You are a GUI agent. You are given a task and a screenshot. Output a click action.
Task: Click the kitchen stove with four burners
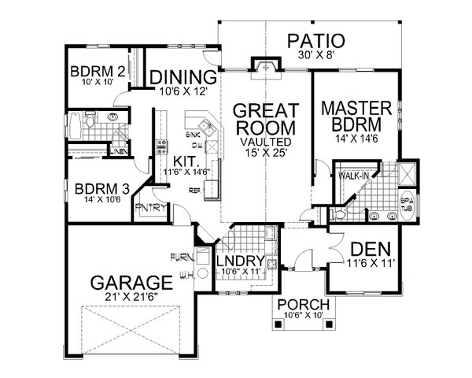pos(163,146)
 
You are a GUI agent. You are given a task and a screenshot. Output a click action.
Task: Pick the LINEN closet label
pos(120,152)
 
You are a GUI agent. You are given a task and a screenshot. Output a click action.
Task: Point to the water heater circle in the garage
pos(201,274)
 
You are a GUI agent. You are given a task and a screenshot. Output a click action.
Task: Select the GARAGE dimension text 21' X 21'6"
pos(131,298)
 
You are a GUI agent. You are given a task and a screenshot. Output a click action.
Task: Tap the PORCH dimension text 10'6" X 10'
pos(303,319)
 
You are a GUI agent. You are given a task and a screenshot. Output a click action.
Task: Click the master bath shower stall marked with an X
pos(408,173)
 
